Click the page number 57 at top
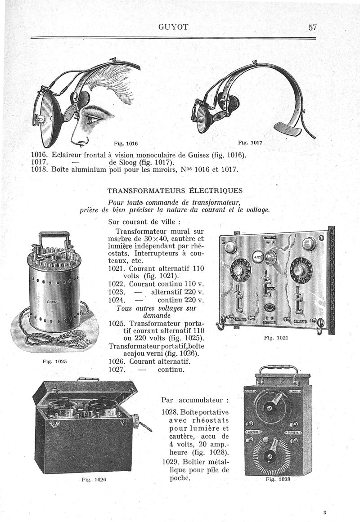313,27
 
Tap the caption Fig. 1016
126,144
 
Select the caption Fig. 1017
250,143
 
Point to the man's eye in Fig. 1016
94,119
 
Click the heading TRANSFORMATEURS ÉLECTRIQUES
175,190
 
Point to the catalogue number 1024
117,300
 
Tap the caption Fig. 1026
93,480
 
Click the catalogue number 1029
170,462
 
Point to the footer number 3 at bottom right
324,512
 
